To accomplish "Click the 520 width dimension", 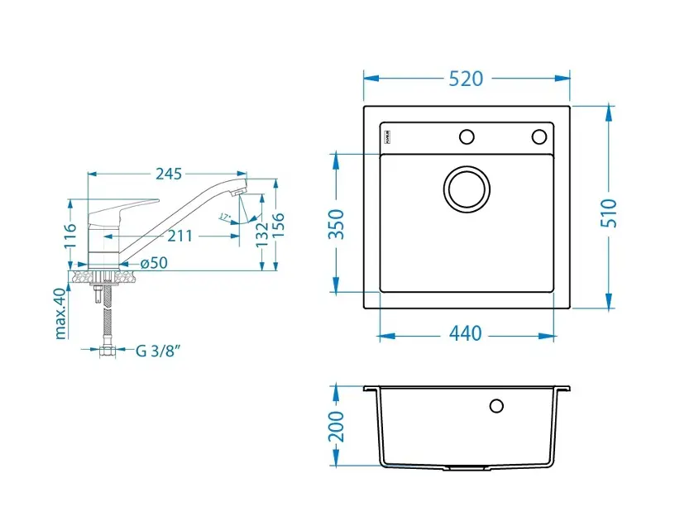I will point(466,79).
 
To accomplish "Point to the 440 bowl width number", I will point(465,334).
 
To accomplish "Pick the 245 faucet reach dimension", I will point(169,174).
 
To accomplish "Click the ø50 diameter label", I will point(154,263).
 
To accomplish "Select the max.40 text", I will point(60,314).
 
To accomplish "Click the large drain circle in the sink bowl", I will point(467,188).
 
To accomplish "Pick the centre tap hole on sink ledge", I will point(467,136).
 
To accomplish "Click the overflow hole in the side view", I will point(496,405).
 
